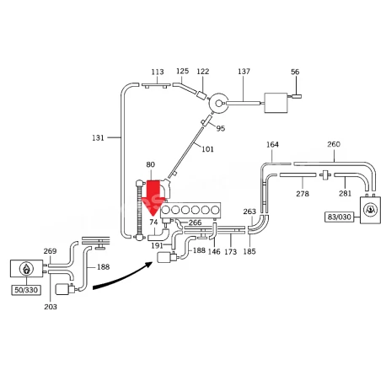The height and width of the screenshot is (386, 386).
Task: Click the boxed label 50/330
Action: point(26,290)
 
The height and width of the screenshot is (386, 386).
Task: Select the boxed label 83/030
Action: point(340,217)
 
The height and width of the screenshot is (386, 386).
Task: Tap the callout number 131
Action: point(98,138)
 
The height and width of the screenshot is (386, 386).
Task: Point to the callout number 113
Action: point(158,72)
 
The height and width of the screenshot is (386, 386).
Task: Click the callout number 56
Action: point(295,72)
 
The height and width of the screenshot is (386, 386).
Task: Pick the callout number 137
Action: point(244,72)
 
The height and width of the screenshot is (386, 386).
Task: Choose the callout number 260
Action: point(334,144)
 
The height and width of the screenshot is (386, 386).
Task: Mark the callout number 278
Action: point(303,194)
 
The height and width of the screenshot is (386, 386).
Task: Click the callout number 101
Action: point(207,149)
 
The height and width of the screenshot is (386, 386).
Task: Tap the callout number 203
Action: point(51,307)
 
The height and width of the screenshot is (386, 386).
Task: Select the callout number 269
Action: point(50,251)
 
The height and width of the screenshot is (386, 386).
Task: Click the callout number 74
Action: point(153,222)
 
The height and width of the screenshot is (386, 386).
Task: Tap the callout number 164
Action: point(272,144)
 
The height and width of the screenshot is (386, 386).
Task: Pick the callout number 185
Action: point(249,251)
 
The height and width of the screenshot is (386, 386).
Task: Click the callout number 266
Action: point(195,222)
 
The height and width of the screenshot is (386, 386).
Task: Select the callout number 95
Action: point(221,128)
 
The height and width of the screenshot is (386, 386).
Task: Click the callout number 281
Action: point(345,193)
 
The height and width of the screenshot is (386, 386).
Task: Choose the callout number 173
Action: point(231,251)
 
